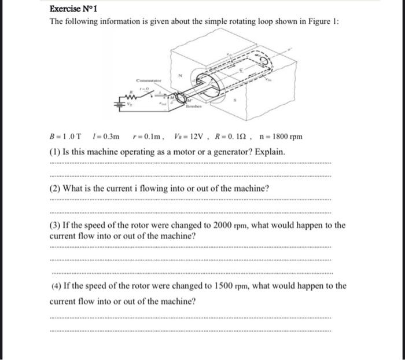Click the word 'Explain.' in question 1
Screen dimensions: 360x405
270,152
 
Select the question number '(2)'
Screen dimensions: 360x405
56,189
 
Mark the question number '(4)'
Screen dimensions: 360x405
56,285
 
